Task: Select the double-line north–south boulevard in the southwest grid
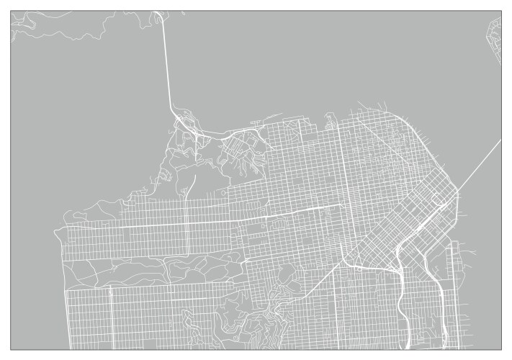[x=110, y=317]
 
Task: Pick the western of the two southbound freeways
[x=400, y=302]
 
